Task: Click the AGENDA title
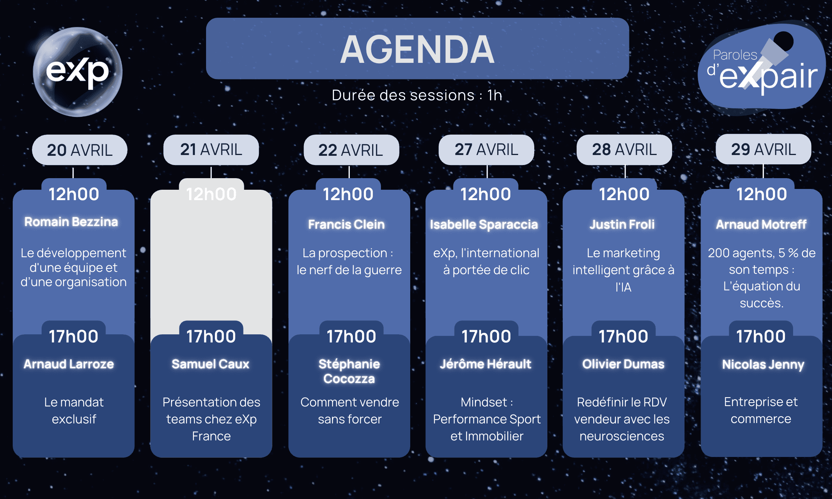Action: pos(418,49)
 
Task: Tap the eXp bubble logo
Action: pos(78,72)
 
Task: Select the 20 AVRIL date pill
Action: pos(80,150)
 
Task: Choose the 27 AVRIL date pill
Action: pos(486,150)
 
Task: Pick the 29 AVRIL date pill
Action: pos(763,149)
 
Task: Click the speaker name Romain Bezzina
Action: pos(71,222)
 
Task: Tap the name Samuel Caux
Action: pos(211,364)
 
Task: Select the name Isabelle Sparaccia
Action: pos(484,224)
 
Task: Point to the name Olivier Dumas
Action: pos(623,364)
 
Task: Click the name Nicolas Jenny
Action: pos(763,364)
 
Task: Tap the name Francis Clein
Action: pos(346,224)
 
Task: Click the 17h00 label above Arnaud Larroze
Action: pos(74,336)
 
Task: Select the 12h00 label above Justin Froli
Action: pos(624,194)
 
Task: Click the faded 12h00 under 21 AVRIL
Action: pos(211,194)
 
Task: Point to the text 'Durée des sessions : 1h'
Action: pos(417,95)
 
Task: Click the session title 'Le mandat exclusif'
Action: pos(74,411)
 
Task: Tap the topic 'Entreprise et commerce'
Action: pos(761,410)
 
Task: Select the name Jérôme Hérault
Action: pos(485,364)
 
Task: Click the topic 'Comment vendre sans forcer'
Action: pos(350,411)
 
